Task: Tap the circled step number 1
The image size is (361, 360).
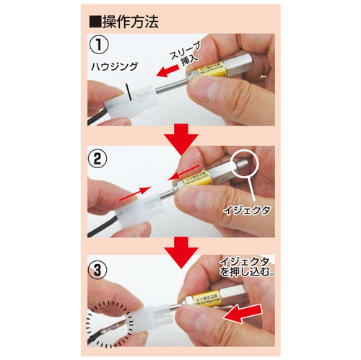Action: tap(99, 44)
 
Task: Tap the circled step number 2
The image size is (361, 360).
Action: tap(99, 155)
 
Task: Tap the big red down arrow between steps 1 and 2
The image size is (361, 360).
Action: tap(180, 137)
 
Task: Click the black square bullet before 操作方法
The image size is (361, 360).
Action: tap(93, 19)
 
